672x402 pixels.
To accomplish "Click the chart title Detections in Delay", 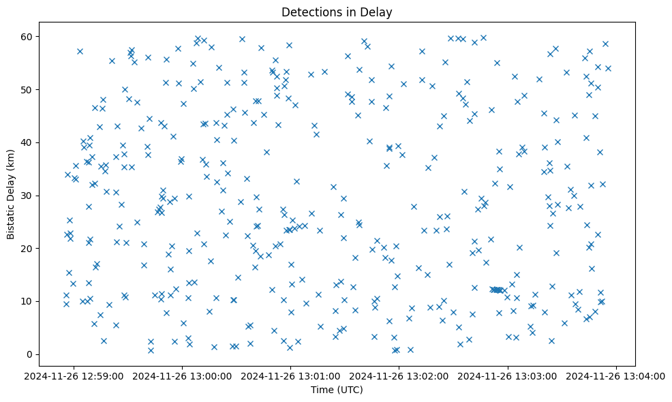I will [x=337, y=12].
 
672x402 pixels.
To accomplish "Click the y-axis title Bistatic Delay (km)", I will [x=11, y=195].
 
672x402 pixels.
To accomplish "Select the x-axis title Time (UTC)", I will [x=337, y=390].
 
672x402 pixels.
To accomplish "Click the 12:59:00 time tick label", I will [x=74, y=375].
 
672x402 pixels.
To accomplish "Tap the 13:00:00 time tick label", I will [x=183, y=375].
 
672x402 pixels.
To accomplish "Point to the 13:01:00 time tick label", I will [x=291, y=375].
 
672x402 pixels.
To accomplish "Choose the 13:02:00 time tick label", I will [x=399, y=375].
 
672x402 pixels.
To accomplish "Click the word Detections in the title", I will [x=310, y=12].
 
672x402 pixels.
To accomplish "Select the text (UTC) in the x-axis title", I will [x=350, y=390].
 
